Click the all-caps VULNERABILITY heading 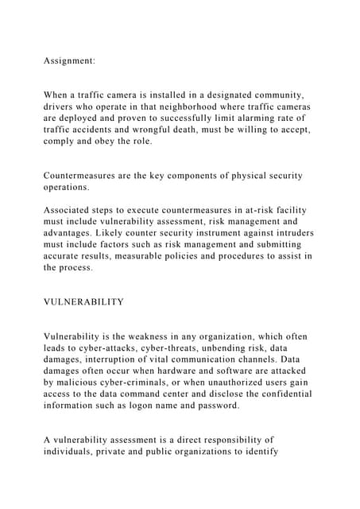(84, 302)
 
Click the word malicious (82, 383)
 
